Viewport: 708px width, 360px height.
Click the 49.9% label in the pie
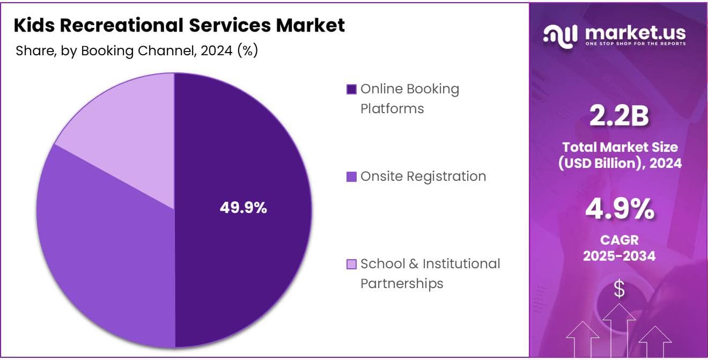[x=243, y=208]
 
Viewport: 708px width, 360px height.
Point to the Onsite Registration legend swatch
[x=352, y=177]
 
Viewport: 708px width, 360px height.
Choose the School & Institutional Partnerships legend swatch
[x=352, y=264]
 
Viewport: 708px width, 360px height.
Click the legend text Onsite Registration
[x=423, y=177]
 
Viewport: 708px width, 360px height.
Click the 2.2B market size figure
[x=619, y=117]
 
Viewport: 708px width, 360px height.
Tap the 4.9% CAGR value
[x=619, y=209]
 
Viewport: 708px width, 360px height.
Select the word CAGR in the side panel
[x=619, y=240]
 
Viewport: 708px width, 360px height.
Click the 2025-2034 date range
[x=619, y=256]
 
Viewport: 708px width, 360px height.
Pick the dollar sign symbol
[x=619, y=290]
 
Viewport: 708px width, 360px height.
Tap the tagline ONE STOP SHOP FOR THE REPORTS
[x=635, y=43]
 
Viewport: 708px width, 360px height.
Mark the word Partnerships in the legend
[x=402, y=283]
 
